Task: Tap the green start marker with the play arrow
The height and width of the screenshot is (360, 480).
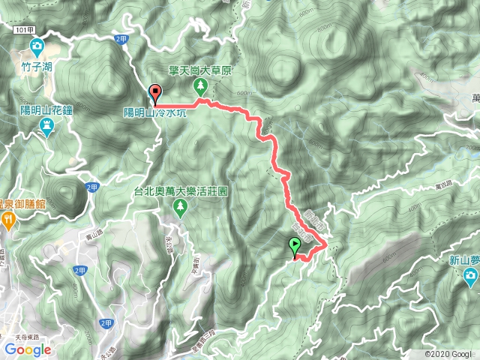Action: (294, 245)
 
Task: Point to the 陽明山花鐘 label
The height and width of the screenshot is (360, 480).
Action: (46, 110)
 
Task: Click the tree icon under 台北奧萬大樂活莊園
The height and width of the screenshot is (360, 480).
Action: (180, 206)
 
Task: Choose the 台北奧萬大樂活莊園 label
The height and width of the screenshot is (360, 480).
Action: (181, 191)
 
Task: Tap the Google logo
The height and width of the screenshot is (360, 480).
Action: (27, 349)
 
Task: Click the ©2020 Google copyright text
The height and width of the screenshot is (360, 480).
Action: (448, 354)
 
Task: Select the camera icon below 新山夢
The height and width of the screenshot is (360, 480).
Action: (470, 279)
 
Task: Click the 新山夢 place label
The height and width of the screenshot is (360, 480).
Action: (464, 261)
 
